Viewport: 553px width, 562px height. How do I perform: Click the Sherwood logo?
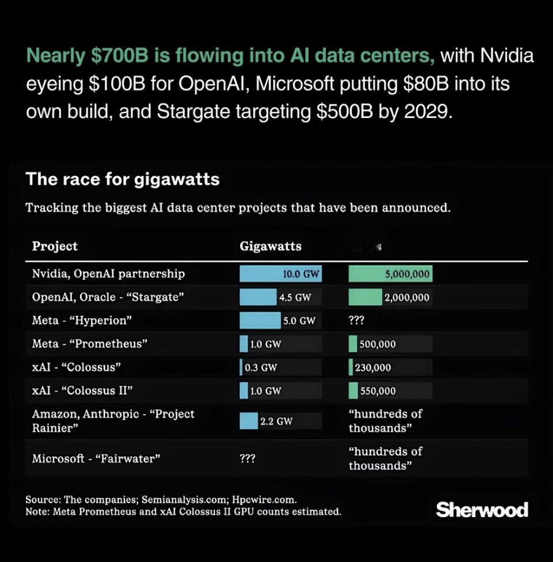pyautogui.click(x=482, y=510)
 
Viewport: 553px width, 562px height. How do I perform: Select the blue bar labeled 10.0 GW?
pyautogui.click(x=280, y=274)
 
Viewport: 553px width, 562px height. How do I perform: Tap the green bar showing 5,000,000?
pyautogui.click(x=390, y=274)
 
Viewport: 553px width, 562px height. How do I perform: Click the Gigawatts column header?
pyautogui.click(x=270, y=246)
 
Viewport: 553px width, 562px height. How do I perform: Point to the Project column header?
pyautogui.click(x=55, y=246)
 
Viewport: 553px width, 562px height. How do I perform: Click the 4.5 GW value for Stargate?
pyautogui.click(x=295, y=297)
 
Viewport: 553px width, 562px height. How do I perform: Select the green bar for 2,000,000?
pyautogui.click(x=365, y=297)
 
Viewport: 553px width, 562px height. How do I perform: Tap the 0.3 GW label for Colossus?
pyautogui.click(x=261, y=367)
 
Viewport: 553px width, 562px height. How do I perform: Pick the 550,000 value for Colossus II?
pyautogui.click(x=378, y=391)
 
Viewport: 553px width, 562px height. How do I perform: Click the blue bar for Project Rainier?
pyautogui.click(x=249, y=421)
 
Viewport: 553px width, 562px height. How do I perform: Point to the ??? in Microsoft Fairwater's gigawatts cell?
pyautogui.click(x=248, y=458)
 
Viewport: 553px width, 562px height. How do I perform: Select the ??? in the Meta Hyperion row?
pyautogui.click(x=357, y=320)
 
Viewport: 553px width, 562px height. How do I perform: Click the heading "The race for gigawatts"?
pyautogui.click(x=123, y=179)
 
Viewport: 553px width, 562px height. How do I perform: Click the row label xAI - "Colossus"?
pyautogui.click(x=77, y=367)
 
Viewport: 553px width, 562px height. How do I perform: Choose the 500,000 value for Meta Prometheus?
pyautogui.click(x=377, y=344)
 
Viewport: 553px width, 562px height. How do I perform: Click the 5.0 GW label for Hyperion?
pyautogui.click(x=299, y=320)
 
